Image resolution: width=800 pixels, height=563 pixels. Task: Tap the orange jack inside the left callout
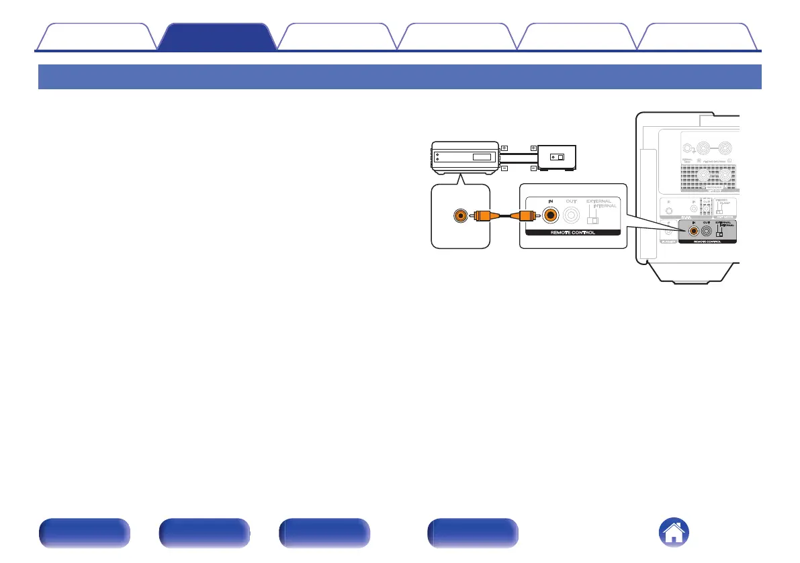click(460, 216)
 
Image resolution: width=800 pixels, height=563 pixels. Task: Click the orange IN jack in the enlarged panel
click(551, 216)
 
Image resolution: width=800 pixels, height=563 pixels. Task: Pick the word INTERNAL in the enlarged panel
click(605, 207)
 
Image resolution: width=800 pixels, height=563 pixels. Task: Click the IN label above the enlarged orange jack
click(551, 201)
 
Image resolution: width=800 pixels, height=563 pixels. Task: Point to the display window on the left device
click(482, 157)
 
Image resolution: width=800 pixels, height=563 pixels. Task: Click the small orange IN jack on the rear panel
click(693, 230)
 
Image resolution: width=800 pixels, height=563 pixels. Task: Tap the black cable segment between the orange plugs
click(505, 216)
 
